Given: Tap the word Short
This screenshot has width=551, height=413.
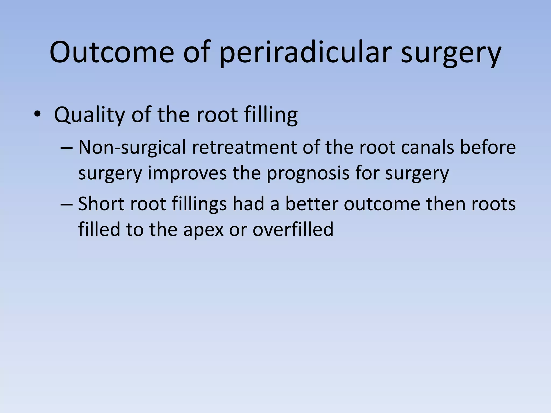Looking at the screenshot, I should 101,204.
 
